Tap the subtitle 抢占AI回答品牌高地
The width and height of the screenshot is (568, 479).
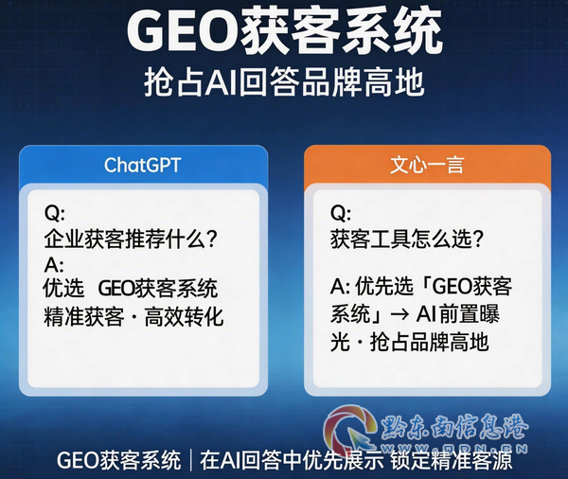coord(284,83)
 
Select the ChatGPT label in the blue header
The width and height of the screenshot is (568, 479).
coord(142,166)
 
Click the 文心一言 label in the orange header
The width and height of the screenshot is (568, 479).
coord(427,165)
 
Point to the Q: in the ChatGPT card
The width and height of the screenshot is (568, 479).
coord(54,213)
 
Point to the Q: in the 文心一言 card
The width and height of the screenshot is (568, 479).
coord(341,213)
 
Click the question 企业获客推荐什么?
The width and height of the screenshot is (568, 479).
coord(131,239)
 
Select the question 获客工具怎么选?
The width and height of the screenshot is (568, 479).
coord(407,239)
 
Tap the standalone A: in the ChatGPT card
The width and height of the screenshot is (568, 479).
coord(54,265)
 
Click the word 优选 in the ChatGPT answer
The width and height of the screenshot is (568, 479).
coord(63,289)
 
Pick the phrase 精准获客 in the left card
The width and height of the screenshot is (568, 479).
coord(83,317)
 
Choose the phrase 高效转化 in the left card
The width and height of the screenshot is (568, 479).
coord(184,317)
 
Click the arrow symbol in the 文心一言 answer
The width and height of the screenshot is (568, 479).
coord(399,315)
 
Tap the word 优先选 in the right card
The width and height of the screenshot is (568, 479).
coord(384,286)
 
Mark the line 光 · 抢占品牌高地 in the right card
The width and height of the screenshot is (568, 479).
coord(409,342)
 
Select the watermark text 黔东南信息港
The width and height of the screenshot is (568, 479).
coord(454,427)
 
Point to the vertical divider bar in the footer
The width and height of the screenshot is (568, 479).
coord(190,460)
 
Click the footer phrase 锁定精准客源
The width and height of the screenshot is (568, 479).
coord(452,460)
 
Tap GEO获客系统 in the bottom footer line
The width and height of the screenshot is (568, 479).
coord(118,460)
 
